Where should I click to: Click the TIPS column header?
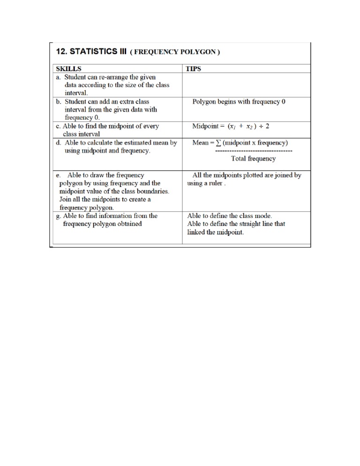point(193,68)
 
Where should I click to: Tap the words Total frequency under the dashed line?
point(253,158)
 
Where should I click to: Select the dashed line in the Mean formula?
point(254,150)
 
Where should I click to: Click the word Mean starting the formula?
point(200,143)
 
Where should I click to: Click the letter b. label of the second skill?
point(59,101)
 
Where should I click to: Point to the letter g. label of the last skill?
point(59,216)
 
